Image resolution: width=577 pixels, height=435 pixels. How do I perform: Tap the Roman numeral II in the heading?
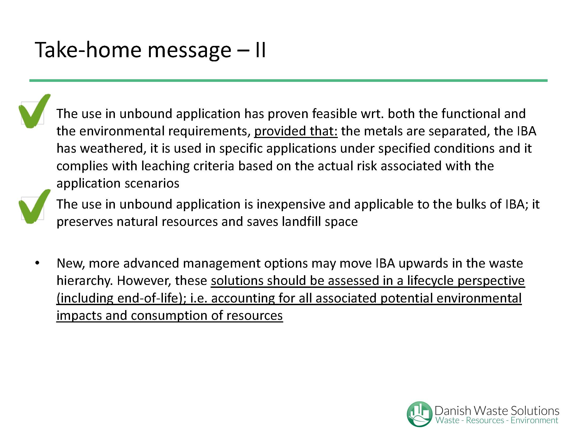pyautogui.click(x=260, y=50)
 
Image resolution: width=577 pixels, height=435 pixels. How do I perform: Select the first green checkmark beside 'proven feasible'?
pyautogui.click(x=34, y=111)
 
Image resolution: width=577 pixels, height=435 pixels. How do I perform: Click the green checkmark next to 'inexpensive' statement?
pyautogui.click(x=34, y=206)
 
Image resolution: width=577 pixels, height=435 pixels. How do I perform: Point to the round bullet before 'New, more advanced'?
pyautogui.click(x=37, y=263)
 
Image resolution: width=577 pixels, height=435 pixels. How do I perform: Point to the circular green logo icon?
pyautogui.click(x=419, y=414)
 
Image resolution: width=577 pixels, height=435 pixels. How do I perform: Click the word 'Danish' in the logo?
pyautogui.click(x=453, y=411)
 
